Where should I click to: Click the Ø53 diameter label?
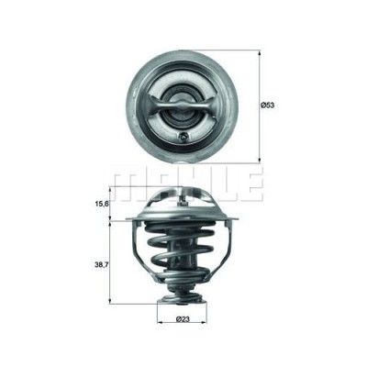268,106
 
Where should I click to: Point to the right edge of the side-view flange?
236,219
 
